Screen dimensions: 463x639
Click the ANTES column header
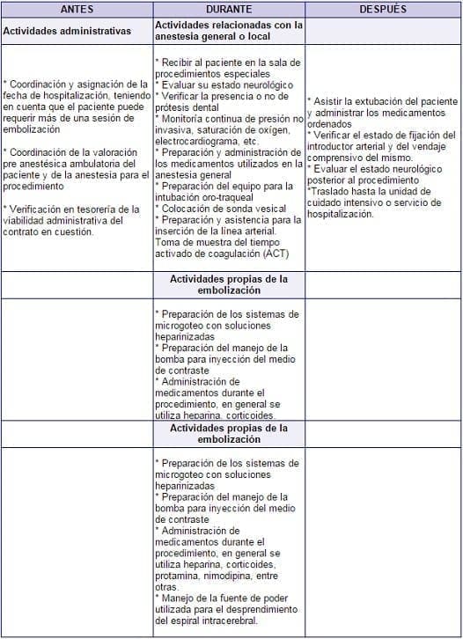tap(77, 8)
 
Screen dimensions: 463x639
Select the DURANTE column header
tap(229, 8)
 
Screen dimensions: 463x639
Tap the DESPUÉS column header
tap(383, 8)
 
